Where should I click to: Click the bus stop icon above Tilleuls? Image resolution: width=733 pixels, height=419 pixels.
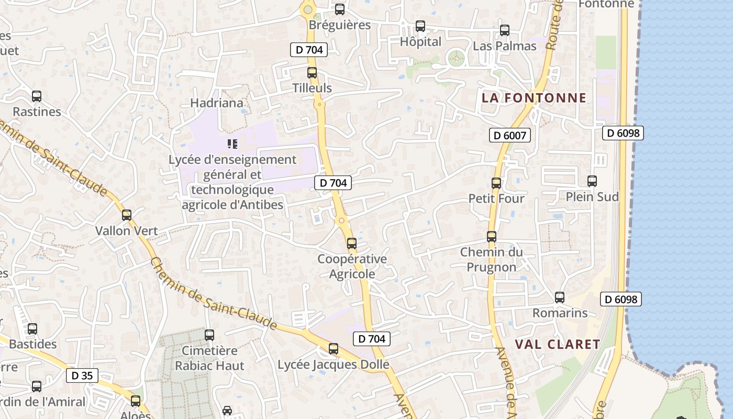tap(312, 73)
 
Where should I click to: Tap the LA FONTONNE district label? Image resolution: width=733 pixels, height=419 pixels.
tap(534, 98)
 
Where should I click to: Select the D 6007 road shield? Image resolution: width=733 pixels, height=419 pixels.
tap(510, 136)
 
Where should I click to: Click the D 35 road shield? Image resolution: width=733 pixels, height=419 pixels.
tap(82, 376)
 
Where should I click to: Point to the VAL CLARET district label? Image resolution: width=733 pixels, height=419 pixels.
tap(558, 344)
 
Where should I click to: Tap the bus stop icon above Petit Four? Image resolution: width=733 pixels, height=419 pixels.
tap(496, 183)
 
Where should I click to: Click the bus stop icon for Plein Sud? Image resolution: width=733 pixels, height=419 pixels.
tap(592, 181)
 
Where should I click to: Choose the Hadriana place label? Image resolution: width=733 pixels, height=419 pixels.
tap(217, 103)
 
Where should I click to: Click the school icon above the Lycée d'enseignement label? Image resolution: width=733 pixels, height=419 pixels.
tap(232, 144)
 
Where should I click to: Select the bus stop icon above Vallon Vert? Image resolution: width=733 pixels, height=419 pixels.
tap(126, 215)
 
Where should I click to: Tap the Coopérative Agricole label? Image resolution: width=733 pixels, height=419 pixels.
tap(352, 266)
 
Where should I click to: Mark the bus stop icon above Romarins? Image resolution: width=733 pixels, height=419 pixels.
tap(560, 297)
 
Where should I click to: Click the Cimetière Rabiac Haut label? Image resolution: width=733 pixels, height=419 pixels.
tap(209, 358)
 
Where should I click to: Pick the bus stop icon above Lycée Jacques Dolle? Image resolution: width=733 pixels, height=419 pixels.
tap(334, 349)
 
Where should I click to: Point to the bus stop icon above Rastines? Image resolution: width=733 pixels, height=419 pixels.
tap(37, 96)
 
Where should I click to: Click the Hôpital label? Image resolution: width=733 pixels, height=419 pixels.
tap(420, 42)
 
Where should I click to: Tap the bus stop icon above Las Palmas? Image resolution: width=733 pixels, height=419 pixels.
tap(505, 30)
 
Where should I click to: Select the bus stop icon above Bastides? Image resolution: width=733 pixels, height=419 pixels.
tap(32, 329)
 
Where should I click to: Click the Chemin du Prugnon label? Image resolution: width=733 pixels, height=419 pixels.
tap(491, 259)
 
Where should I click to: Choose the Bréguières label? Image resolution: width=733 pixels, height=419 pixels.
tap(339, 25)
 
